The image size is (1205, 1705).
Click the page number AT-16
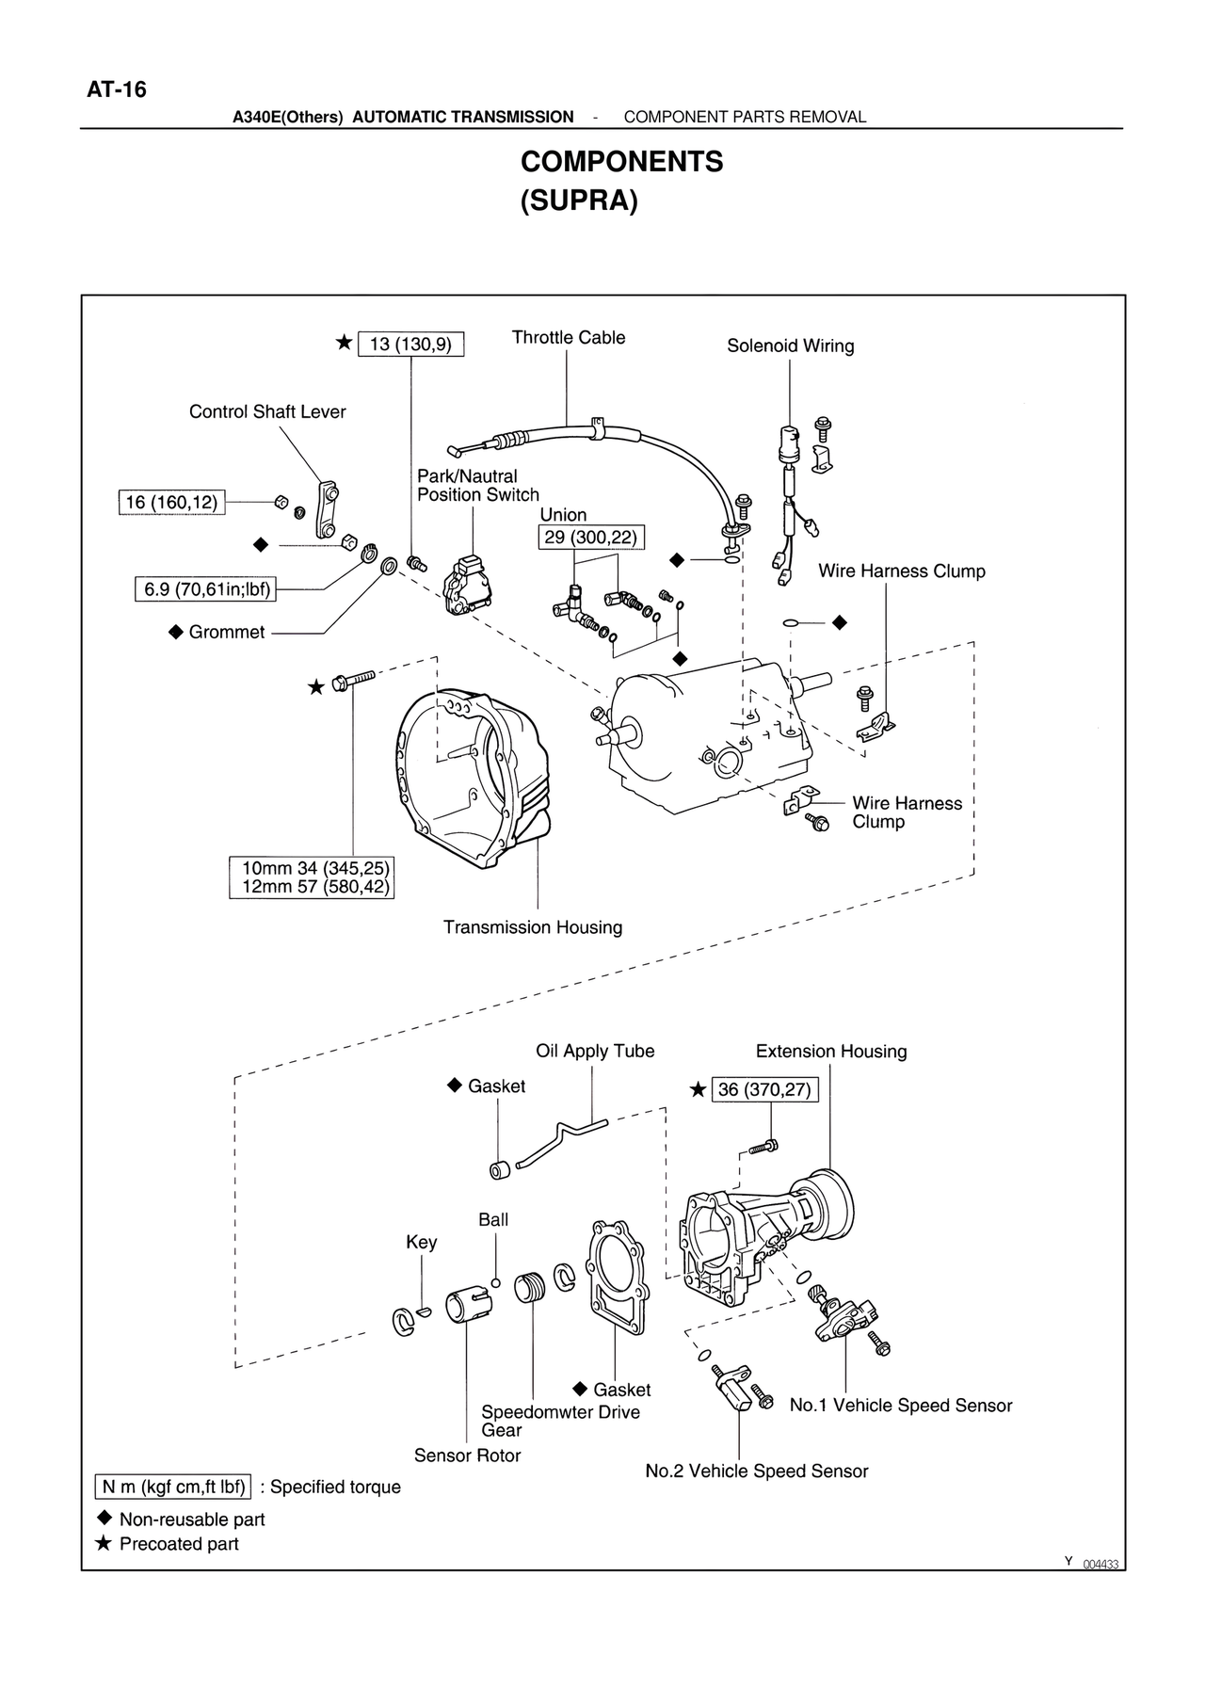click(x=117, y=90)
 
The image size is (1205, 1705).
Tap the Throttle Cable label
click(x=568, y=338)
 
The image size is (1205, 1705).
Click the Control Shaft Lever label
click(x=267, y=412)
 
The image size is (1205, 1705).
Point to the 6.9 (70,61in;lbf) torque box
click(x=206, y=590)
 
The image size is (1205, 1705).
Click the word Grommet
click(x=227, y=633)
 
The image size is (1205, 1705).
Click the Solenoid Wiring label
click(x=790, y=346)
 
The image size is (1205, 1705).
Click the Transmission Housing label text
click(x=533, y=928)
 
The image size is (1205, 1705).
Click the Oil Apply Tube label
click(x=595, y=1052)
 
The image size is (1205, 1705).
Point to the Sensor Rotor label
click(x=467, y=1456)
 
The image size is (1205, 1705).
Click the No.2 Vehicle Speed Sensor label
click(x=756, y=1472)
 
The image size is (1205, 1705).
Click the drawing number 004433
click(x=1101, y=1565)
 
